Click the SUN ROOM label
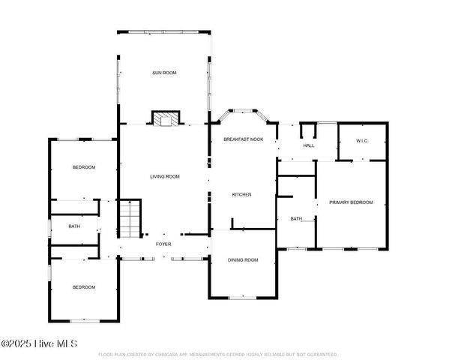pos(164,73)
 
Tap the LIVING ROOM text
pos(164,177)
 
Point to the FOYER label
pos(163,244)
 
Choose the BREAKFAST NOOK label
pos(243,139)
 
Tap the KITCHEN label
pos(241,194)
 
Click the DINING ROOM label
pos(243,259)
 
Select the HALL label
pos(309,145)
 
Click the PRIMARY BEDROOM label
pos(352,202)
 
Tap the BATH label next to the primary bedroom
pos(295,219)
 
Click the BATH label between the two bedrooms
pos(74,226)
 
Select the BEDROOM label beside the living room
pos(83,167)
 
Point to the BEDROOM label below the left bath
pos(83,287)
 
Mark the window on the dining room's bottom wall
pos(242,298)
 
